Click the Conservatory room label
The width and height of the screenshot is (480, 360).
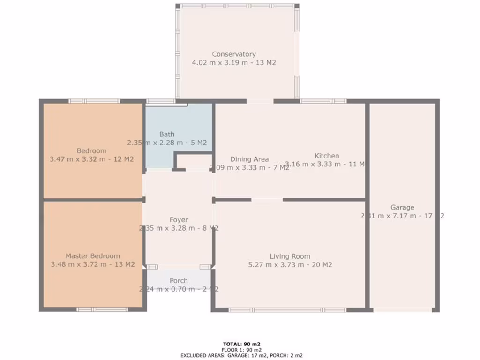tap(233, 54)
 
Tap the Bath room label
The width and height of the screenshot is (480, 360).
tap(167, 135)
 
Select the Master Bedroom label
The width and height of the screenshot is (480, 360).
tap(92, 256)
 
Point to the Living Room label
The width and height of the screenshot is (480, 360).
tap(290, 256)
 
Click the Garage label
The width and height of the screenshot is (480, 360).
tap(402, 207)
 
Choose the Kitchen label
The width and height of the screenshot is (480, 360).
tap(326, 156)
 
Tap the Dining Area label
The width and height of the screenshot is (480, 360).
tap(249, 159)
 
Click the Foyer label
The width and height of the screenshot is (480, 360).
tap(179, 219)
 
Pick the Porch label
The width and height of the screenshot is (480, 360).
tap(179, 280)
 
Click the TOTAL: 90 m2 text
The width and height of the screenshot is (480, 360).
tap(242, 344)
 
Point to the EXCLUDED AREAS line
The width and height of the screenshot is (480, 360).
tap(242, 355)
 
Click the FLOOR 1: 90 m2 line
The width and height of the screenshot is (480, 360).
tap(242, 350)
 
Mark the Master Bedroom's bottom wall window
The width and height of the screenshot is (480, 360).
tap(102, 309)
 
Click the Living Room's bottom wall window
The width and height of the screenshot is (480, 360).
tap(287, 309)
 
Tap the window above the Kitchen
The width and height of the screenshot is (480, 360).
tap(323, 101)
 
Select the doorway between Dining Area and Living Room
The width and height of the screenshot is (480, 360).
tap(267, 200)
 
